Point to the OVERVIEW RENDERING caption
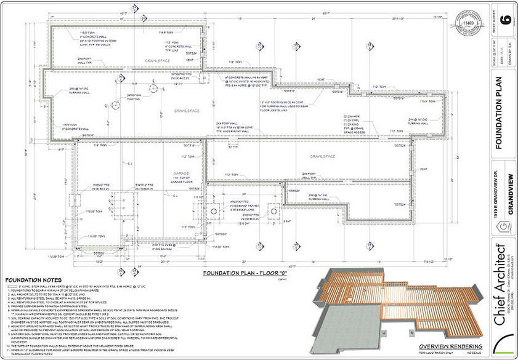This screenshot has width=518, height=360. click(445, 346)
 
